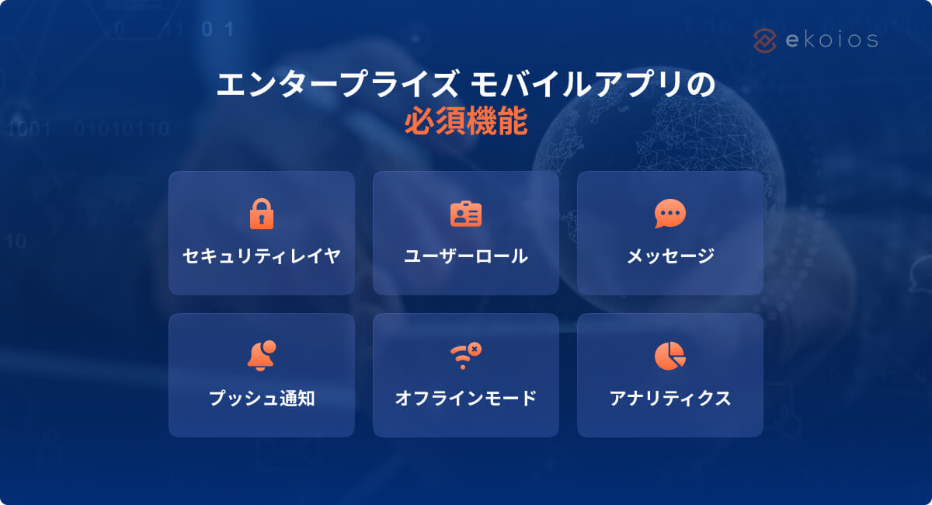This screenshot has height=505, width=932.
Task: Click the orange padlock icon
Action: (262, 214)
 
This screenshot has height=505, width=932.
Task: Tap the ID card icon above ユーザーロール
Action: (466, 214)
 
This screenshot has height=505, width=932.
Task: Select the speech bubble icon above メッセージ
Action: (669, 214)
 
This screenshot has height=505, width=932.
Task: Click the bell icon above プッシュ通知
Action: (262, 356)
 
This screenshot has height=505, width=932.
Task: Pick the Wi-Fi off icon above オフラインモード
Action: (465, 356)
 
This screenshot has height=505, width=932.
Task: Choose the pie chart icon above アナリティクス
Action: (669, 356)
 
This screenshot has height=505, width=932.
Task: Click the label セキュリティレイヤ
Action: (262, 256)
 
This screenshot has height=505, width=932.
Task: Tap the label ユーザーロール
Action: (466, 256)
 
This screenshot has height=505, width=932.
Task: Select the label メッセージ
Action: (670, 256)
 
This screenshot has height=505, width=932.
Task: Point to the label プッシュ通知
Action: (262, 399)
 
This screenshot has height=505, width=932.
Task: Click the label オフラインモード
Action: (466, 399)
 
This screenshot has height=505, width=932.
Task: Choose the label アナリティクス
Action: (670, 399)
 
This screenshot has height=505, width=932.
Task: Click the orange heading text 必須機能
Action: (466, 123)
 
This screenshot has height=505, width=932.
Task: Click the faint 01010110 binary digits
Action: (121, 128)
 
